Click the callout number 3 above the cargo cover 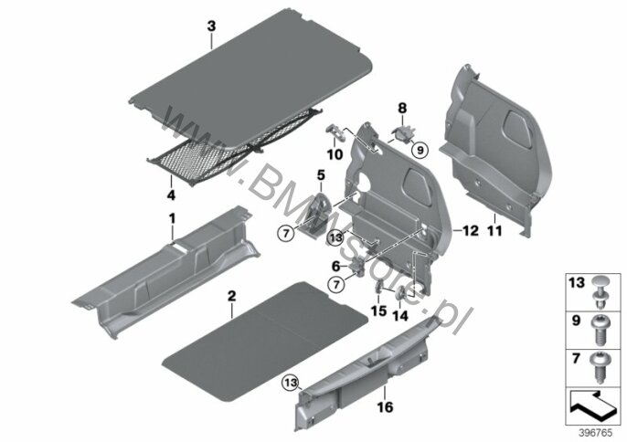211,26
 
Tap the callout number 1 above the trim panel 173,218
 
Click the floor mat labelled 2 265,341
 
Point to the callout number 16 385,407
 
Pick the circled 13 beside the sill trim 291,383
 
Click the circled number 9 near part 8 420,151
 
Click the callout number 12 471,231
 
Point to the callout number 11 494,231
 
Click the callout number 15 379,310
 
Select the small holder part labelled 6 358,266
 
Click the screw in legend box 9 599,330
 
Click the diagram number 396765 595,433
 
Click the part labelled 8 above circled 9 403,134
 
